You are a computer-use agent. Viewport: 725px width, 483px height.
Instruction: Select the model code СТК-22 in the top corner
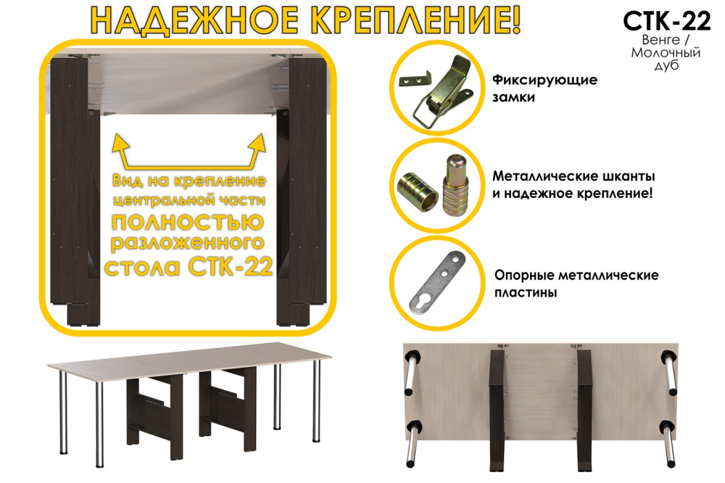click(x=666, y=21)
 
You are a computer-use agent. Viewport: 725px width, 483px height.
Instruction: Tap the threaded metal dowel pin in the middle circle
click(x=455, y=183)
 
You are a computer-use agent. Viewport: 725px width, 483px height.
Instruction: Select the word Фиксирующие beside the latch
click(x=545, y=80)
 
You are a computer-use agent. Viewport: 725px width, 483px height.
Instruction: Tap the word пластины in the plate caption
click(x=525, y=293)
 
